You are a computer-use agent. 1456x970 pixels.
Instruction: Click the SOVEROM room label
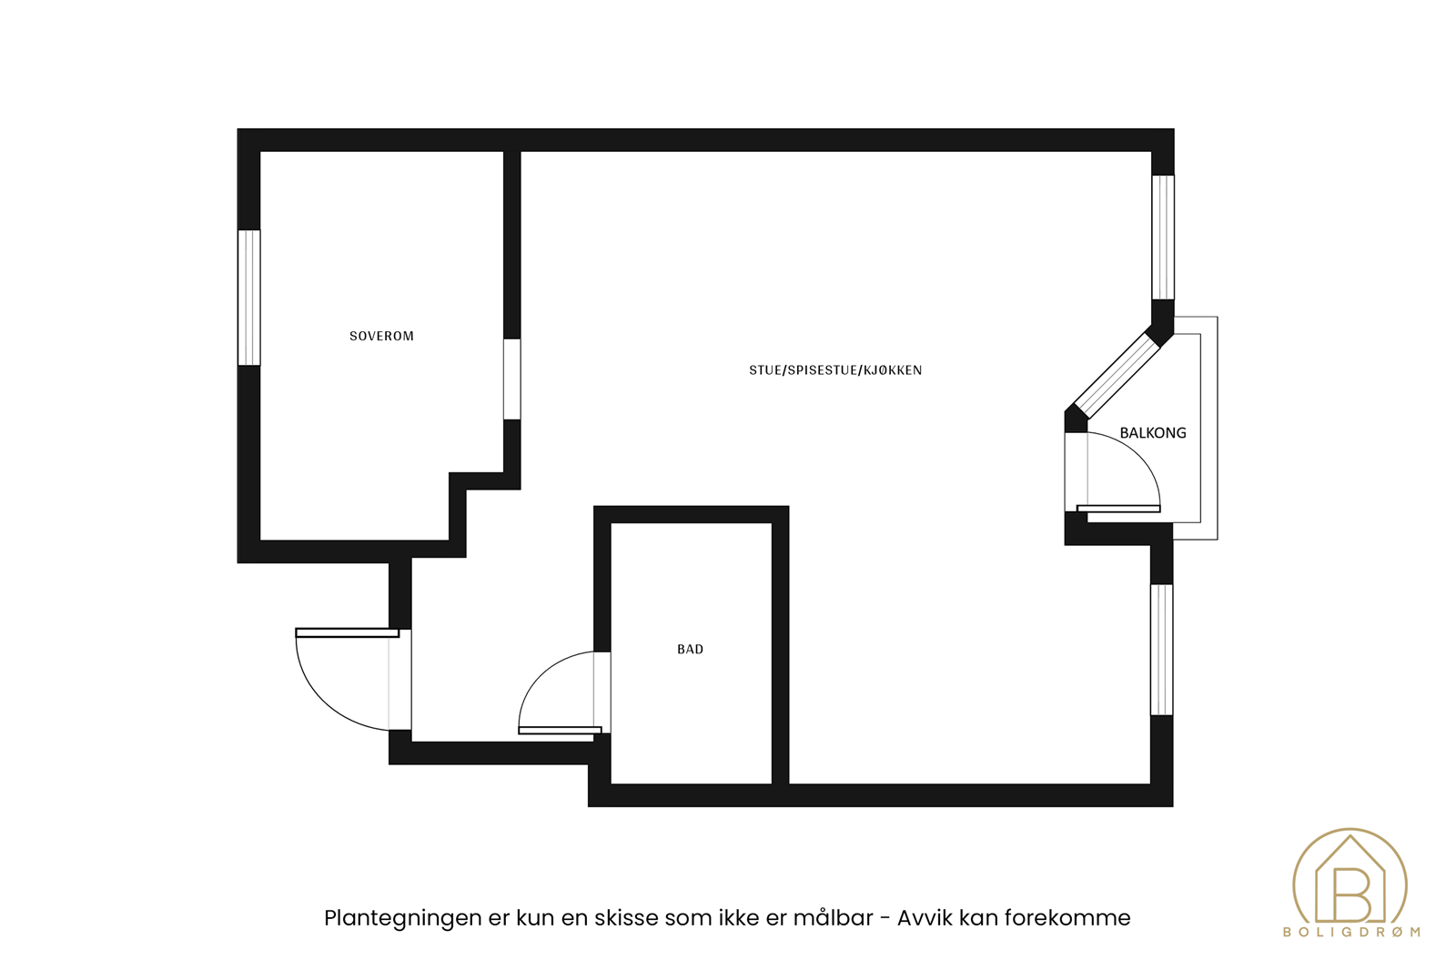[x=381, y=336]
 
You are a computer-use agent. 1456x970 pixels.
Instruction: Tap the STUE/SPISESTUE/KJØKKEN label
[x=834, y=370]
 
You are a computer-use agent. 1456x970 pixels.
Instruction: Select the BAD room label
[x=690, y=649]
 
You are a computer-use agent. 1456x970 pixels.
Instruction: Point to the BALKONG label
[x=1152, y=433]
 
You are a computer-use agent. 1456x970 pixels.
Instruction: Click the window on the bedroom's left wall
[x=249, y=298]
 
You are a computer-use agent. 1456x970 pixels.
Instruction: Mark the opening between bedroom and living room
[x=512, y=379]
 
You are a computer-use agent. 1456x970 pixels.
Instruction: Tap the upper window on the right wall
[x=1162, y=237]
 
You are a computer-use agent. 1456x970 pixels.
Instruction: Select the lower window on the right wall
[x=1161, y=650]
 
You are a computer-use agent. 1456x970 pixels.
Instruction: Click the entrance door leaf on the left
[x=347, y=632]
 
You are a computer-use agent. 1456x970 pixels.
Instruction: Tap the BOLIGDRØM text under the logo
[x=1350, y=932]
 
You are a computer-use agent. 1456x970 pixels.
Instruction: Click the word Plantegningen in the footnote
[x=402, y=918]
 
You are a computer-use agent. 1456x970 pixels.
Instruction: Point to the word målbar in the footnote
[x=833, y=918]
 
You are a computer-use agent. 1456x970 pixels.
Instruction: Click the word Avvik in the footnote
[x=925, y=918]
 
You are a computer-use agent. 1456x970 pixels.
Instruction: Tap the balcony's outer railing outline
[x=1217, y=428]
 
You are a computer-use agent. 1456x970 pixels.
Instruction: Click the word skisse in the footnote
[x=626, y=918]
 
